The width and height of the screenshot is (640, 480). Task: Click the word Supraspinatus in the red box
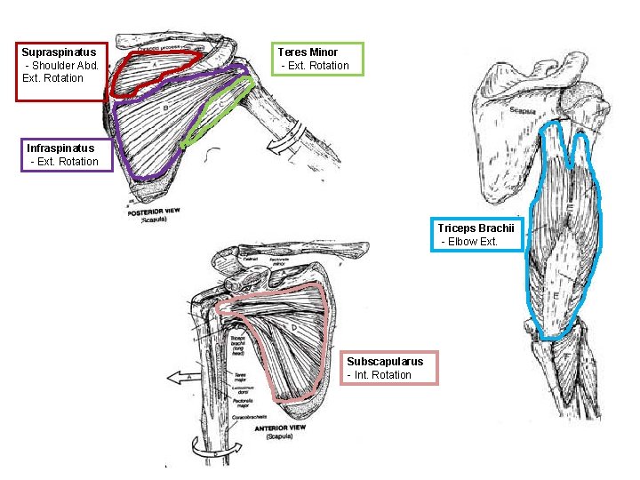coord(59,52)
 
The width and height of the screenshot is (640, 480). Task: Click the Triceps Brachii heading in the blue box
coord(476,228)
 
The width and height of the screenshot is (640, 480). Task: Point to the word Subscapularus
coord(386,362)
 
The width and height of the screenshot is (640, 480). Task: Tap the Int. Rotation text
coord(380,375)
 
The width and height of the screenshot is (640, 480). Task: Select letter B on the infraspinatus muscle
coord(166,108)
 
